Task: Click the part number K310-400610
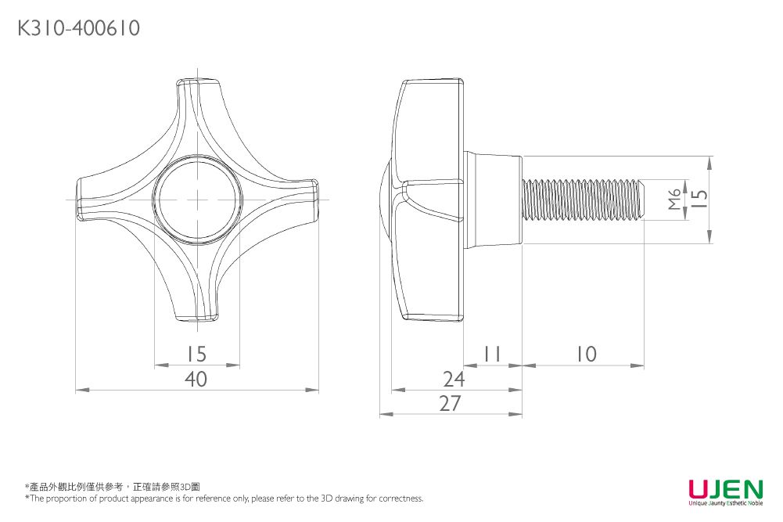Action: pyautogui.click(x=78, y=29)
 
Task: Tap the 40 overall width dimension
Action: pyautogui.click(x=196, y=380)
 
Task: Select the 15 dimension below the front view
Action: pyautogui.click(x=196, y=355)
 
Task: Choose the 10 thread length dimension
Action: pyautogui.click(x=584, y=355)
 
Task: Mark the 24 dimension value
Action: pyautogui.click(x=454, y=380)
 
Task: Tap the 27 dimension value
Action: pyautogui.click(x=450, y=404)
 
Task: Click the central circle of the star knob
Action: pyautogui.click(x=196, y=199)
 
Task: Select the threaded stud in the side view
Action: pyautogui.click(x=583, y=199)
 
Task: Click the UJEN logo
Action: pyautogui.click(x=725, y=490)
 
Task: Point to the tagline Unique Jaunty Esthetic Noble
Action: pyautogui.click(x=725, y=504)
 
